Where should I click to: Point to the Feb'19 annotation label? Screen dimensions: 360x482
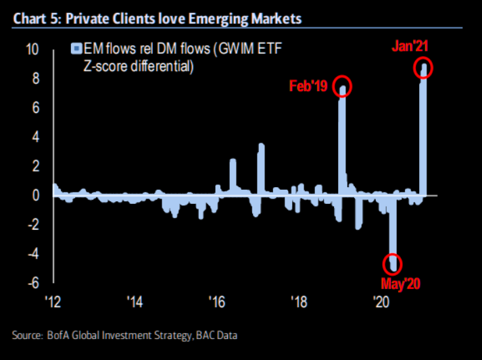(x=308, y=87)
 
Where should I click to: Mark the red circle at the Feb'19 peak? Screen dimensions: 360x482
(x=343, y=88)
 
